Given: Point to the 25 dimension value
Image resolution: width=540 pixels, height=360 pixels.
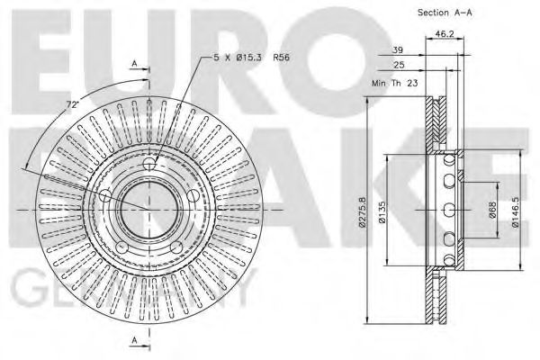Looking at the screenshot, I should tap(397, 67).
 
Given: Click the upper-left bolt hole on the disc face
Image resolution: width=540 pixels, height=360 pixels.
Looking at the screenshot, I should tap(105, 195).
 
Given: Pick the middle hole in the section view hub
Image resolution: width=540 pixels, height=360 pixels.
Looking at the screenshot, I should tap(447, 211).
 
